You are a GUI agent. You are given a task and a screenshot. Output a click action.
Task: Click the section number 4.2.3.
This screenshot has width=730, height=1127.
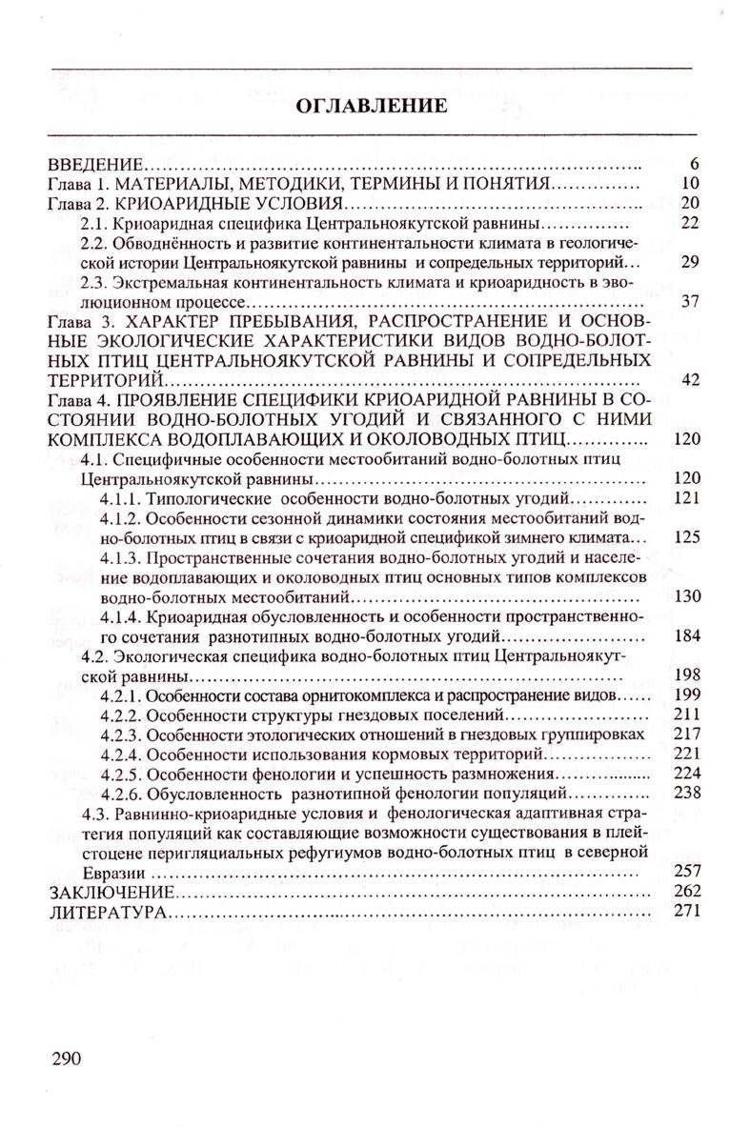point(121,735)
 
